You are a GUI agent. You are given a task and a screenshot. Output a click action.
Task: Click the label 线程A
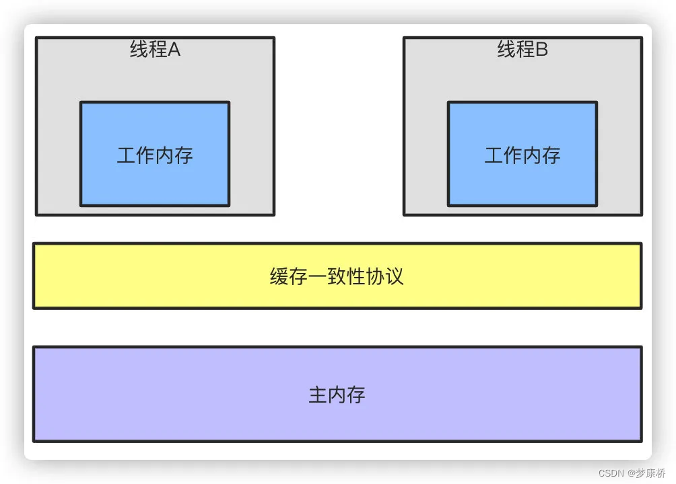[x=155, y=49]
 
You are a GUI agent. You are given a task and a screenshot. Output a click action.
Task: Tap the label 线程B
[x=522, y=49]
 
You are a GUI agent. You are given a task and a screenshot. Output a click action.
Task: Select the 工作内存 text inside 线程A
[x=155, y=155]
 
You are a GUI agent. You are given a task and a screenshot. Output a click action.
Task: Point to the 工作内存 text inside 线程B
[x=522, y=155]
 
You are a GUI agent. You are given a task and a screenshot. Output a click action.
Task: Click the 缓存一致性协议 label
[x=337, y=276]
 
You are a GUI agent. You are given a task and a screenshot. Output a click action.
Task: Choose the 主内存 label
[x=337, y=394]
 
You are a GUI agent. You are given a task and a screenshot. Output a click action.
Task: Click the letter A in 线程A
[x=174, y=49]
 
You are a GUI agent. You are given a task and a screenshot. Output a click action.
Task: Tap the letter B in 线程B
[x=541, y=49]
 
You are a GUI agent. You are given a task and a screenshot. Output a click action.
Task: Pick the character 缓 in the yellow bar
[x=280, y=276]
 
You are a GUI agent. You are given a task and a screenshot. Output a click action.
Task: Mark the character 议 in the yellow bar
[x=394, y=276]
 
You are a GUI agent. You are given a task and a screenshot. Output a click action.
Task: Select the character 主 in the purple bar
[x=318, y=394]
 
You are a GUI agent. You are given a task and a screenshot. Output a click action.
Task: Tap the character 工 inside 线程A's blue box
[x=127, y=155]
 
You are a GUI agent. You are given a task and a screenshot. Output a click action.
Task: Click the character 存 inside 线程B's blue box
[x=551, y=155]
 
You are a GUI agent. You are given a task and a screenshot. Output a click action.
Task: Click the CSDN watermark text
[x=593, y=473]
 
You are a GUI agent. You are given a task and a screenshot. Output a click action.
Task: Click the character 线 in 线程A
[x=139, y=49]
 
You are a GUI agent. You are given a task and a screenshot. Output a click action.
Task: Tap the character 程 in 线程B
[x=525, y=49]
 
